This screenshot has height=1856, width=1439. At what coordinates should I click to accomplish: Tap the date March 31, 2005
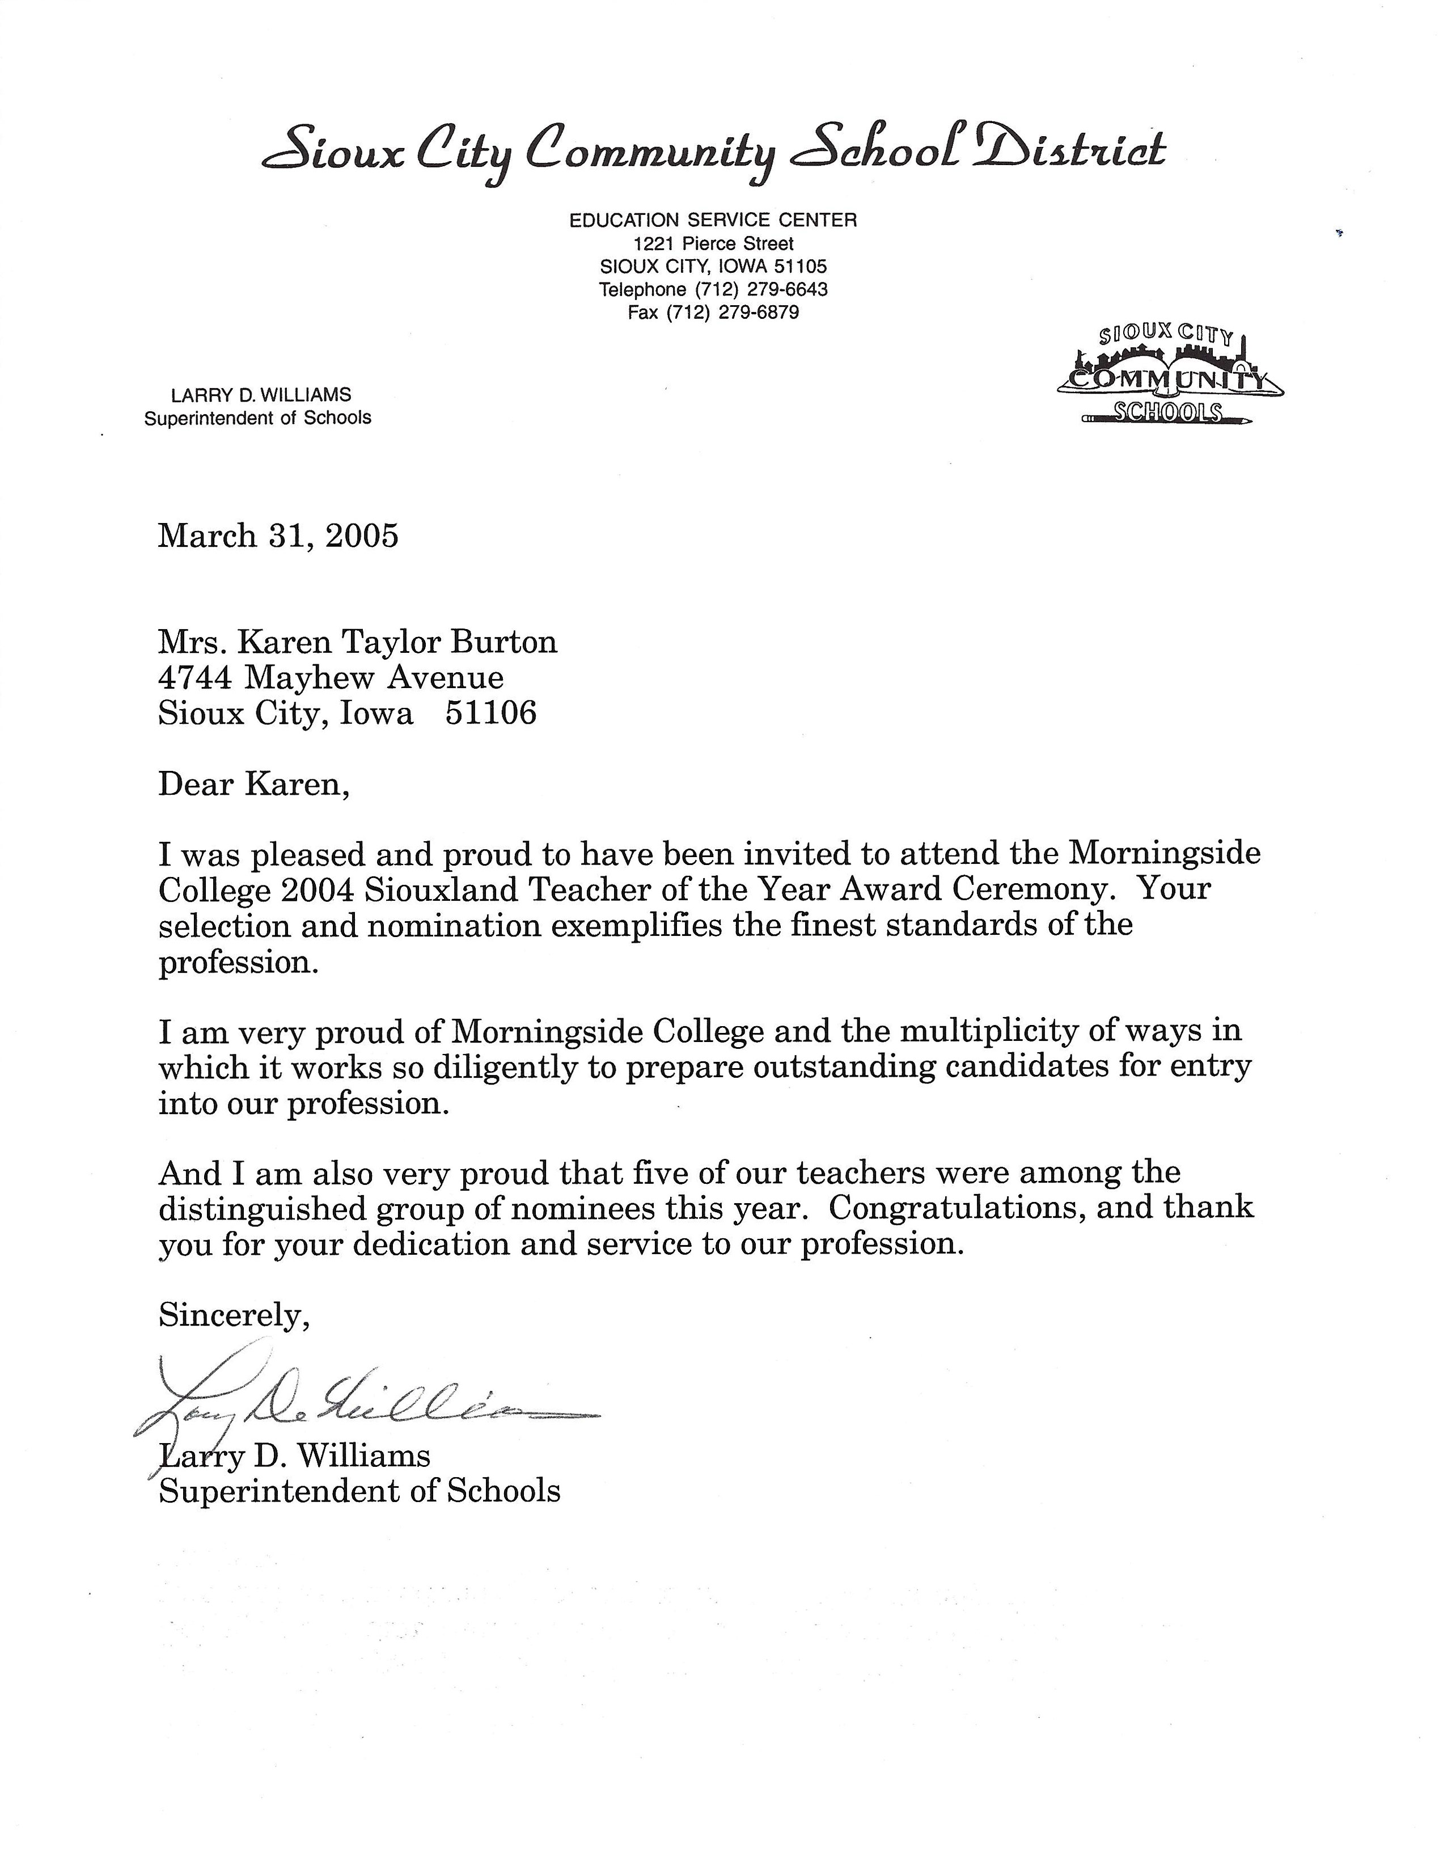278,536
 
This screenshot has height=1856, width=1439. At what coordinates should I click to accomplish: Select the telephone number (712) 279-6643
761,290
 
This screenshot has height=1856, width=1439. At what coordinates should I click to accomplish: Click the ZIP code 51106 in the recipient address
491,713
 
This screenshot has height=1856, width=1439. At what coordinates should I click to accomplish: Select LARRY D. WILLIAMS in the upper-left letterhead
261,395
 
